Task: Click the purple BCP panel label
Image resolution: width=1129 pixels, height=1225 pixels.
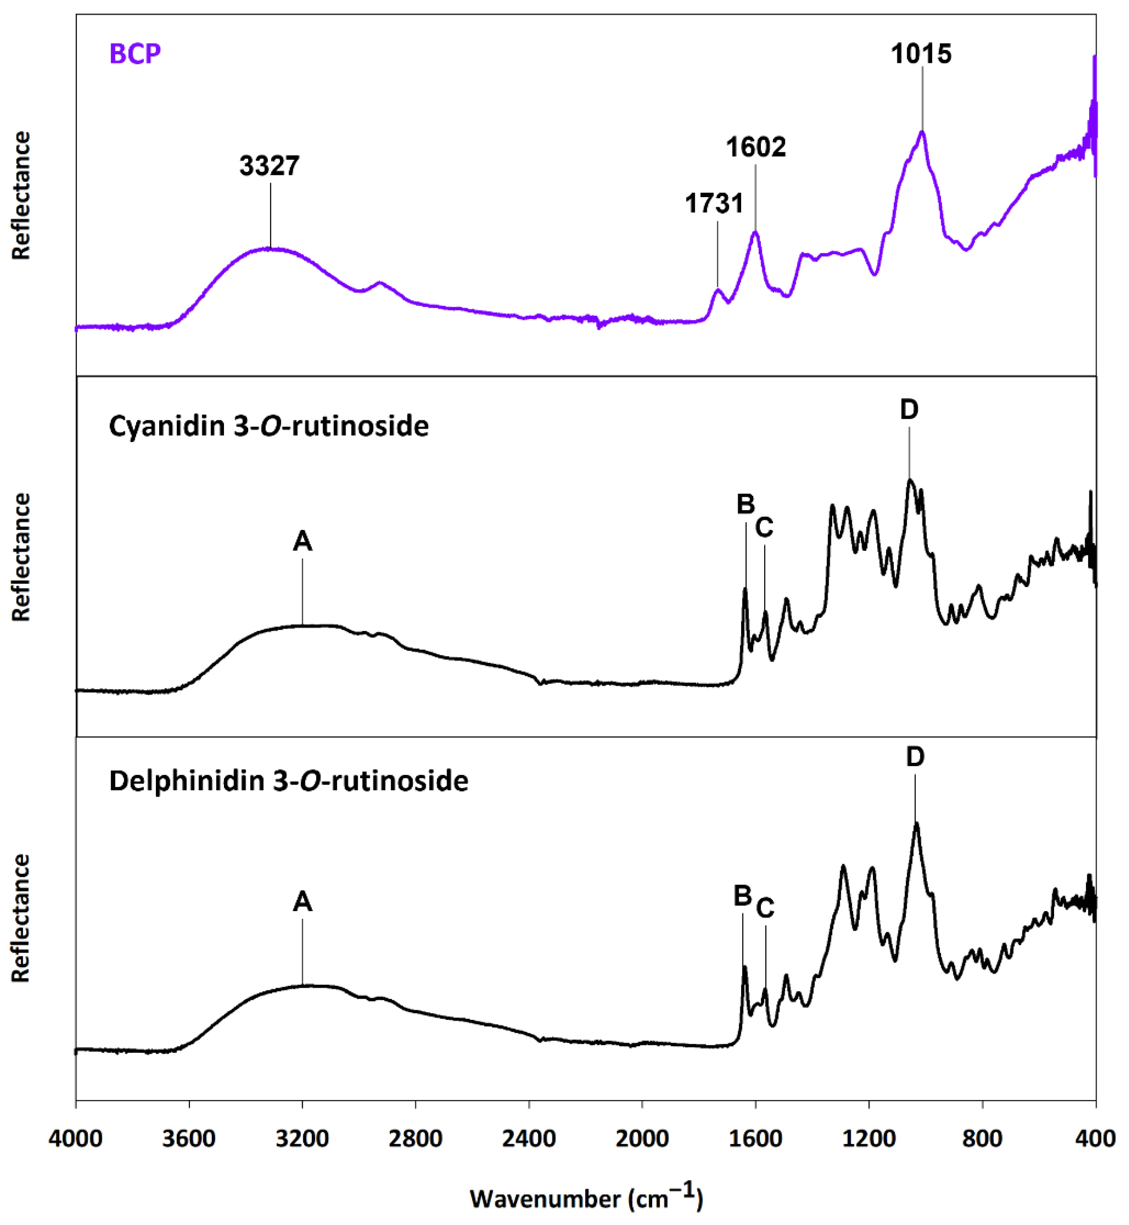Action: tap(135, 54)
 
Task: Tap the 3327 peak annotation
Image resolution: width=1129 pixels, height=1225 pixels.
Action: tap(269, 166)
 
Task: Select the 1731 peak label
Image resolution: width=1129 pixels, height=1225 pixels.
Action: tap(714, 203)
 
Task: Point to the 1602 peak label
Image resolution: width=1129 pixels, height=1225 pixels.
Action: tap(756, 147)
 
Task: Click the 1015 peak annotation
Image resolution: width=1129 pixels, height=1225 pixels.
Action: tap(921, 54)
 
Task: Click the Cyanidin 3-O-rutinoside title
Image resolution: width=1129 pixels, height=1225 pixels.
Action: tap(269, 426)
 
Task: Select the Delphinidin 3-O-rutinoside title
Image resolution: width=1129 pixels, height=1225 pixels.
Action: tap(288, 781)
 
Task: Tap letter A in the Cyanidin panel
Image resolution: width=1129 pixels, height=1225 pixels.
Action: tap(302, 541)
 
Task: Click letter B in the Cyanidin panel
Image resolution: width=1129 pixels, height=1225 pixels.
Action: tap(745, 504)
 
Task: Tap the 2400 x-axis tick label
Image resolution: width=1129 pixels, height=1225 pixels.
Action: tap(529, 1139)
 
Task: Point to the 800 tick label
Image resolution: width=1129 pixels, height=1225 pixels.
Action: tap(982, 1139)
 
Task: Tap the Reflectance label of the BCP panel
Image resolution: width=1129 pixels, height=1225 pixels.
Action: tap(21, 195)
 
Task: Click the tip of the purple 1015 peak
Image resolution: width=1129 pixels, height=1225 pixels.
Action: tap(922, 131)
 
